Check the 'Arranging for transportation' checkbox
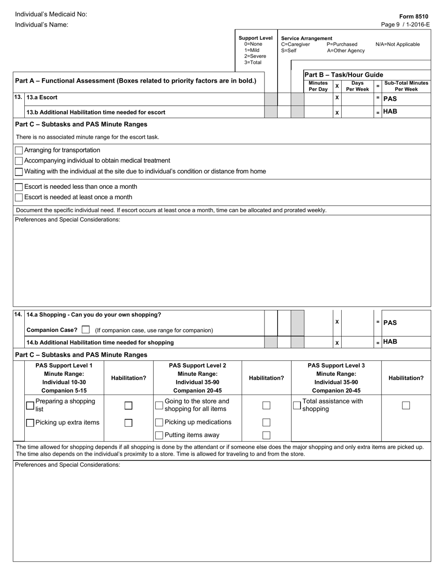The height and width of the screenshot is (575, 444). pyautogui.click(x=19, y=151)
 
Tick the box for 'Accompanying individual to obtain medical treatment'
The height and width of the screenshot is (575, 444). pyautogui.click(x=19, y=161)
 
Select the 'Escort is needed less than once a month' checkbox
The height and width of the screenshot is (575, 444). pyautogui.click(x=19, y=187)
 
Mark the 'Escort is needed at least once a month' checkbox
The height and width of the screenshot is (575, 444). pyautogui.click(x=19, y=197)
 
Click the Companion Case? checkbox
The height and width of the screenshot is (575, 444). pyautogui.click(x=85, y=330)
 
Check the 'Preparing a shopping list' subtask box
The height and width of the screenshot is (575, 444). pyautogui.click(x=30, y=405)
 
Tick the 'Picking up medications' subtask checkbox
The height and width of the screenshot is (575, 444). pyautogui.click(x=159, y=423)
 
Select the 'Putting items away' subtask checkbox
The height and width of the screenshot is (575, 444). pyautogui.click(x=159, y=435)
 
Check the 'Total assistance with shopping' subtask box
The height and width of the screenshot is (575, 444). pyautogui.click(x=297, y=405)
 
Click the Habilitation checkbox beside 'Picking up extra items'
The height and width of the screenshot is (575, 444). pyautogui.click(x=129, y=423)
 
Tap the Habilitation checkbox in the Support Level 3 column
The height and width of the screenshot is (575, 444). pyautogui.click(x=406, y=405)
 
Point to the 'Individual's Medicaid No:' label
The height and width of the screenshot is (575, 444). pyautogui.click(x=51, y=14)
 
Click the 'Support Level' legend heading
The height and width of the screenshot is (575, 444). pyautogui.click(x=255, y=38)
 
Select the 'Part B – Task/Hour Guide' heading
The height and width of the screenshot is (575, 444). pyautogui.click(x=344, y=75)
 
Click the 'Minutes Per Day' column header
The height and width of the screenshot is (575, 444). pyautogui.click(x=318, y=86)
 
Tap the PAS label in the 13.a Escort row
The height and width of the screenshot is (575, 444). pyautogui.click(x=390, y=99)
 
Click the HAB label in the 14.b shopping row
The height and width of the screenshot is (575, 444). pyautogui.click(x=390, y=342)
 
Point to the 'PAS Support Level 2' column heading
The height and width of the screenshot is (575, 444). pyautogui.click(x=197, y=366)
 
